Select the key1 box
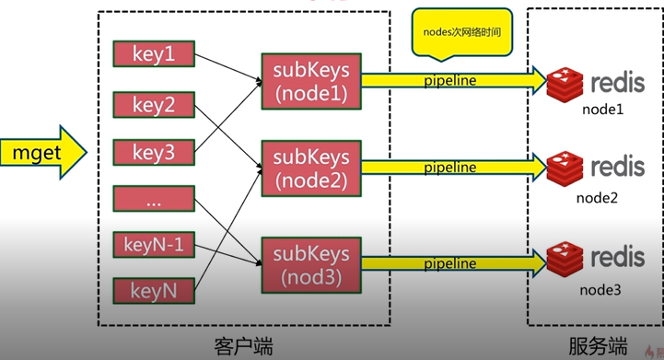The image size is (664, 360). coord(154,54)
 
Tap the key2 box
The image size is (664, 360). coord(154,104)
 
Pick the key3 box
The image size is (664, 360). coord(154,152)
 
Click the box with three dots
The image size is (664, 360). coord(154,198)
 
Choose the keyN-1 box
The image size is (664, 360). coord(154,245)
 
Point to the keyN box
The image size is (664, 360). coord(154,293)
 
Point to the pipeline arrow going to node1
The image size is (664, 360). coord(451,81)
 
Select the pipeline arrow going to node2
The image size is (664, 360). coord(451,168)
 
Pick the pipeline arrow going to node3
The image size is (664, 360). coord(451,265)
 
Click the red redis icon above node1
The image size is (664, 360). coord(564,84)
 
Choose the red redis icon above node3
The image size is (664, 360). coord(564,258)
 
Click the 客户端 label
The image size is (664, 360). coord(242,345)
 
